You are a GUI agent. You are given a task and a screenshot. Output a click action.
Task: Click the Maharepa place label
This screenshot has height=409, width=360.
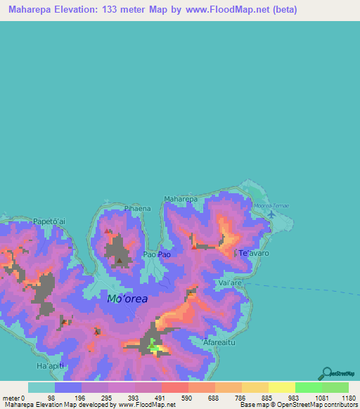tap(180, 200)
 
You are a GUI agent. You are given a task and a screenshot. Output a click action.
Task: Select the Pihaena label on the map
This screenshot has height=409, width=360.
tap(117, 209)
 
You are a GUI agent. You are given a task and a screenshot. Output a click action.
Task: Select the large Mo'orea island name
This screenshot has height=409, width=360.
tap(127, 299)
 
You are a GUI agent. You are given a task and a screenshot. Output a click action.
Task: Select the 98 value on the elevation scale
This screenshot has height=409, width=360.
tap(51, 398)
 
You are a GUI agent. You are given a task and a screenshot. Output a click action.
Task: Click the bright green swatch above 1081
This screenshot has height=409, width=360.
tap(308, 387)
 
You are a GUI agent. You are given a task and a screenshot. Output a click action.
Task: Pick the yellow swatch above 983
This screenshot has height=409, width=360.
tap(281, 387)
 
